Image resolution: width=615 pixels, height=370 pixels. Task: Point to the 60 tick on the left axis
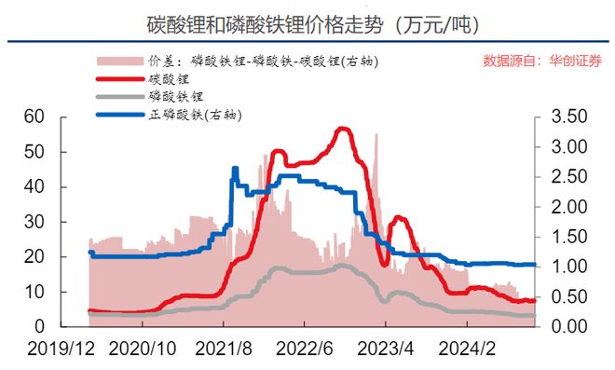[34, 116]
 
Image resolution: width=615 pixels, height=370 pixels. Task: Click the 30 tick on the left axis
[34, 222]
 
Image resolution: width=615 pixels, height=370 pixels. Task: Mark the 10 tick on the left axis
[34, 292]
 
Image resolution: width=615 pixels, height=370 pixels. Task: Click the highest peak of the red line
[343, 129]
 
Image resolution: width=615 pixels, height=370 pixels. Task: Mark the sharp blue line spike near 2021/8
[234, 169]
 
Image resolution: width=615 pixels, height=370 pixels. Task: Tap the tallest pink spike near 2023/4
[376, 136]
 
